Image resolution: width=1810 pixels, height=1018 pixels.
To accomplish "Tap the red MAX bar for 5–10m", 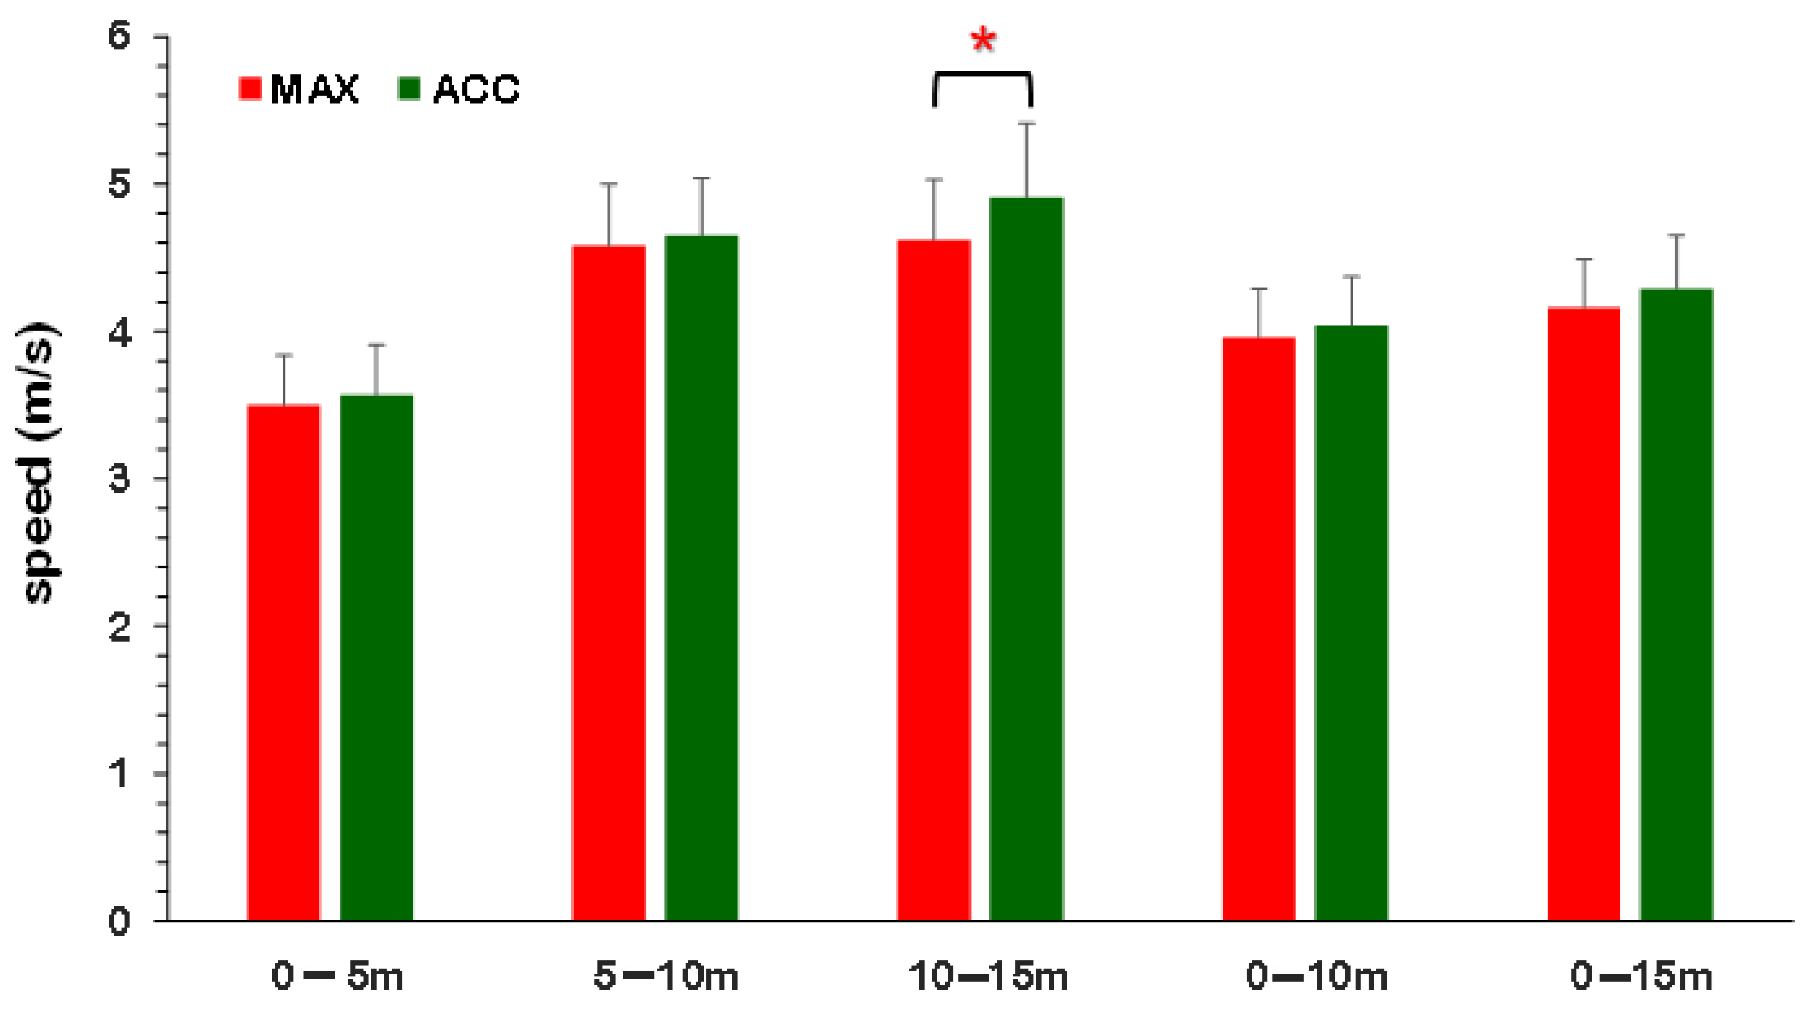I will (x=608, y=583).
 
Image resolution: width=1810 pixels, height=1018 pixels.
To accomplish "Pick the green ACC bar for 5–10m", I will (x=701, y=577).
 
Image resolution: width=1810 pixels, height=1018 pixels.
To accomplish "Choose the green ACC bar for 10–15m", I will (x=1027, y=559).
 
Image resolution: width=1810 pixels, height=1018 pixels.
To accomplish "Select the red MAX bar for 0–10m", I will (x=1259, y=629).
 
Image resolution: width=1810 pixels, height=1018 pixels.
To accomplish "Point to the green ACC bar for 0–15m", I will (x=1676, y=604).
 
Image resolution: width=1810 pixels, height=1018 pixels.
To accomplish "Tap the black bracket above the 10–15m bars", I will (x=982, y=74).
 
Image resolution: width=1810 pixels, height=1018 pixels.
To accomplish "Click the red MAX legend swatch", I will (x=250, y=89).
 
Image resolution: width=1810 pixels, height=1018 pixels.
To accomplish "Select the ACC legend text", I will (x=476, y=89).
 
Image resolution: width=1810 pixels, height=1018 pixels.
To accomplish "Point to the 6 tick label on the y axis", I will (x=120, y=35).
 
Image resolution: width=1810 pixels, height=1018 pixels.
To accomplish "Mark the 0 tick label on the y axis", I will (x=120, y=921).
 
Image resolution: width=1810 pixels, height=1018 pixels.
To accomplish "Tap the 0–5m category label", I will (x=337, y=976).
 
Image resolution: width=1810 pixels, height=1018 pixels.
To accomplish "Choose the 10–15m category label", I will (x=987, y=976).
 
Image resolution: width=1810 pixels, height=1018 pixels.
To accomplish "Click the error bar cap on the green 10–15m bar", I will (x=1027, y=124).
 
